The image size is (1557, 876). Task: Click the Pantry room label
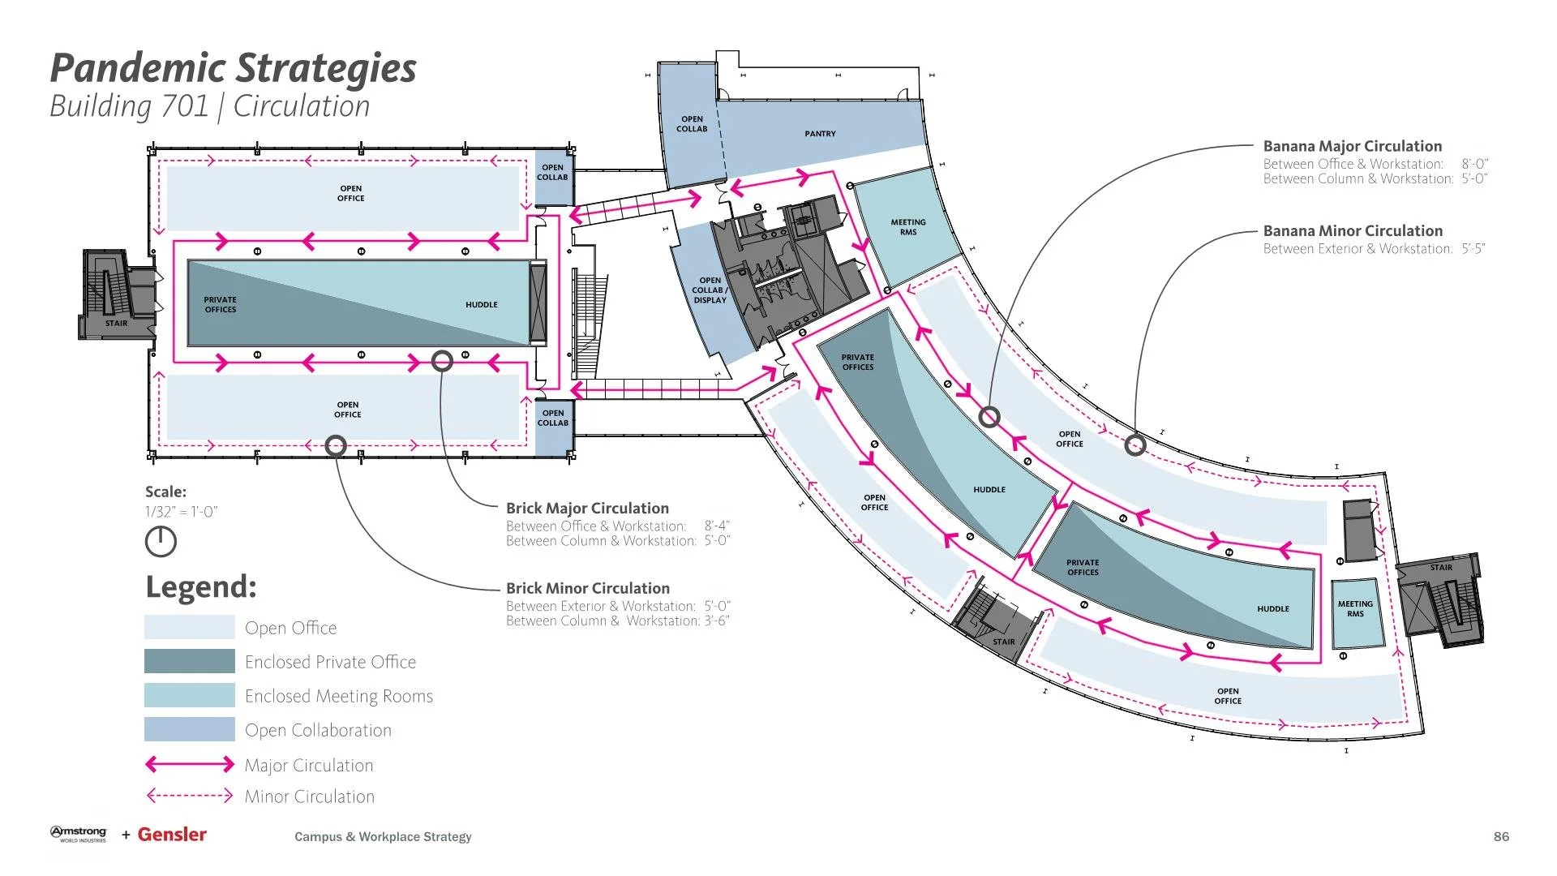coord(820,134)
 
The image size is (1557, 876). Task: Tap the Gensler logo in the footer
coord(172,835)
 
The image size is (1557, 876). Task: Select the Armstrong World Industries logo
coord(79,834)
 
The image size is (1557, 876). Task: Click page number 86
coord(1501,836)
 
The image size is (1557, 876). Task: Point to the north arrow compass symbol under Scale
coord(161,542)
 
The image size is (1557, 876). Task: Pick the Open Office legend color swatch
coord(190,627)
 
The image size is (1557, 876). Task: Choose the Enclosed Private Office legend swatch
coord(190,661)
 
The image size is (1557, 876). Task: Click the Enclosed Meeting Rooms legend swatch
coord(190,695)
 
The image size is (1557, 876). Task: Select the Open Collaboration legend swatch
coord(190,729)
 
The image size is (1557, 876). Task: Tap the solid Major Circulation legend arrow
coord(190,764)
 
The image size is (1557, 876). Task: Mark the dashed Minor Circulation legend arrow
coord(190,796)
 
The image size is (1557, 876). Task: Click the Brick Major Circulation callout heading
coord(587,509)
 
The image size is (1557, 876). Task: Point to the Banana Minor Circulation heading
coord(1353,231)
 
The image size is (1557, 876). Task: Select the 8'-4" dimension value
coord(717,526)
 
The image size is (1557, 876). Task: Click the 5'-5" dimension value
coord(1473,249)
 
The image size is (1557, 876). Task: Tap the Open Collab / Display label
coord(710,290)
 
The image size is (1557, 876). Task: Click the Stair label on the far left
coord(116,323)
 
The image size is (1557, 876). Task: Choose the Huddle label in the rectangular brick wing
coord(482,305)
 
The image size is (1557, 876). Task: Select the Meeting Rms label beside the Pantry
coord(908,227)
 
